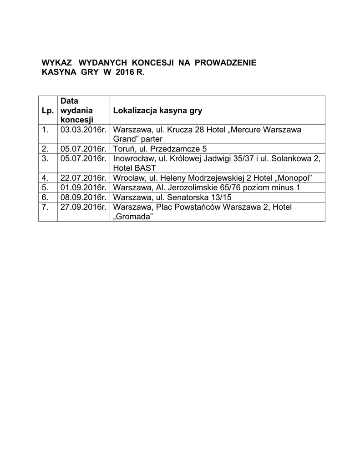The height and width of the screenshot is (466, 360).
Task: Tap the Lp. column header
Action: click(x=47, y=111)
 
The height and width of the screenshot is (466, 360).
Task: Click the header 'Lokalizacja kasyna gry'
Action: click(x=157, y=111)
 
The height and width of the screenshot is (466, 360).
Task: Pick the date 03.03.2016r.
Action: click(x=83, y=130)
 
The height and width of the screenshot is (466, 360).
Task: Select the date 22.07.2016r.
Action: click(x=83, y=177)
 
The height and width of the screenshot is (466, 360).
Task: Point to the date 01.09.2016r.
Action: click(x=83, y=187)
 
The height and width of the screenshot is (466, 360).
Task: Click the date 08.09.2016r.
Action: click(x=83, y=198)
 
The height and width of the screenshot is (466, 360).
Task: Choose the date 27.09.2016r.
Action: click(x=83, y=207)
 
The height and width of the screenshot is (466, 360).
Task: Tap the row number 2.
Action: click(x=45, y=148)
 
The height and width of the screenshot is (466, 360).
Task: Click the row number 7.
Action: click(x=45, y=207)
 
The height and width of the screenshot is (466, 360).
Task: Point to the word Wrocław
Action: click(x=128, y=177)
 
